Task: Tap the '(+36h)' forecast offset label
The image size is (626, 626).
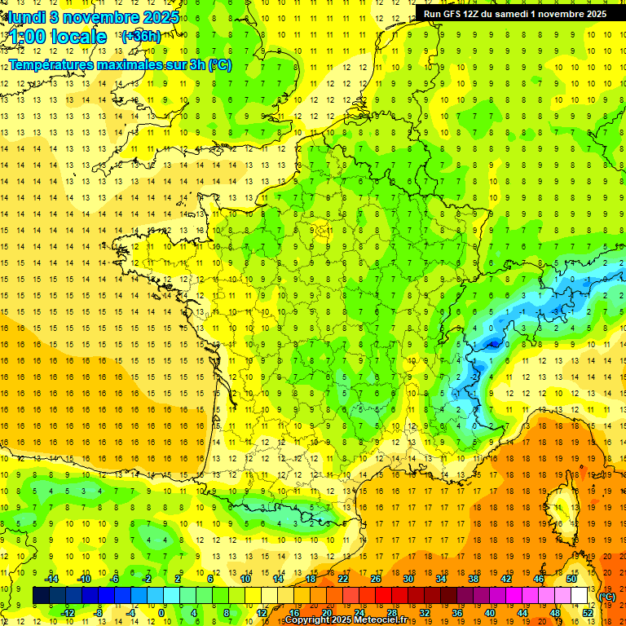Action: click(141, 37)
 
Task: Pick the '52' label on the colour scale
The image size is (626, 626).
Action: click(588, 613)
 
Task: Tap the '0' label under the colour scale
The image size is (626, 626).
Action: click(161, 613)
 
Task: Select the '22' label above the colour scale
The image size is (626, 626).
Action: click(343, 579)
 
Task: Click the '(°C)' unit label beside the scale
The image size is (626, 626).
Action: click(607, 597)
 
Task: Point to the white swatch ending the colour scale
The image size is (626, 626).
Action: click(580, 596)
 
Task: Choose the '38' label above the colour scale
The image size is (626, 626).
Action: click(474, 579)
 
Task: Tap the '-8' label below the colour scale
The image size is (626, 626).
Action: click(99, 613)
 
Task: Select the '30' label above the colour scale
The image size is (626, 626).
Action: click(408, 579)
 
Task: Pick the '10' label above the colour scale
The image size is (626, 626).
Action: click(245, 579)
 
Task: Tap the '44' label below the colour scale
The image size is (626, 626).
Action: click(522, 613)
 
